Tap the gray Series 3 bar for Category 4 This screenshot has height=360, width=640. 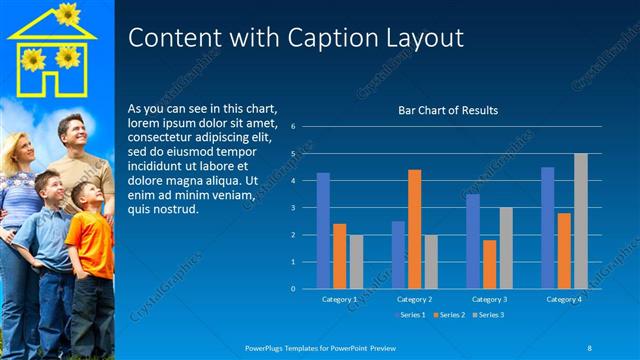pyautogui.click(x=580, y=221)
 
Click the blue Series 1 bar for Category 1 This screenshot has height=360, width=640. pyautogui.click(x=323, y=230)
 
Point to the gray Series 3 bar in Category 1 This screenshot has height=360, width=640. pyautogui.click(x=356, y=261)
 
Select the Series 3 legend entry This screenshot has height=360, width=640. pyautogui.click(x=489, y=315)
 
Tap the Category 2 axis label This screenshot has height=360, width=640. pyautogui.click(x=414, y=299)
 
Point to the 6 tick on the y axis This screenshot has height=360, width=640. pyautogui.click(x=293, y=127)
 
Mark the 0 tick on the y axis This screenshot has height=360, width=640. pyautogui.click(x=293, y=289)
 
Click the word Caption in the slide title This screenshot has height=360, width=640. pyautogui.click(x=319, y=38)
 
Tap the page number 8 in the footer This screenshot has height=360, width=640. pyautogui.click(x=589, y=347)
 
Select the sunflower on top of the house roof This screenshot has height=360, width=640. pyautogui.click(x=67, y=13)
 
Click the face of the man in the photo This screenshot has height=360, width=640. pyautogui.click(x=71, y=133)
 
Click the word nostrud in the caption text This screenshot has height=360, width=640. pyautogui.click(x=174, y=210)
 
